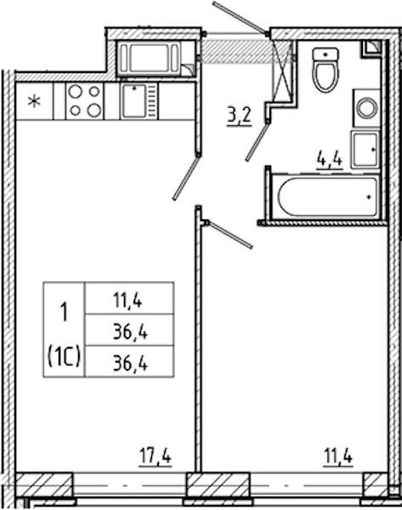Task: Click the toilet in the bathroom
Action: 326,70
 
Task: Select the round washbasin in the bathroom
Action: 367,108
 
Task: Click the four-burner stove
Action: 84,101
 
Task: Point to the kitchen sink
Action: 139,101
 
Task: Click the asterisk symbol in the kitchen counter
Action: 34,101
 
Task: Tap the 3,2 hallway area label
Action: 240,116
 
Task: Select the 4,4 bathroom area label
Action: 330,160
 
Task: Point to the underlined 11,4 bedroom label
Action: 338,456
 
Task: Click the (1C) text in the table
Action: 64,356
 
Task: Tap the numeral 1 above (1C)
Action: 65,312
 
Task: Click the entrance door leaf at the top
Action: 241,18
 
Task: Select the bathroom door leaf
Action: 258,141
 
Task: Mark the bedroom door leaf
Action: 229,235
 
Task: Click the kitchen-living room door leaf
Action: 186,178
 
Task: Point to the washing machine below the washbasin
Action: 365,150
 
